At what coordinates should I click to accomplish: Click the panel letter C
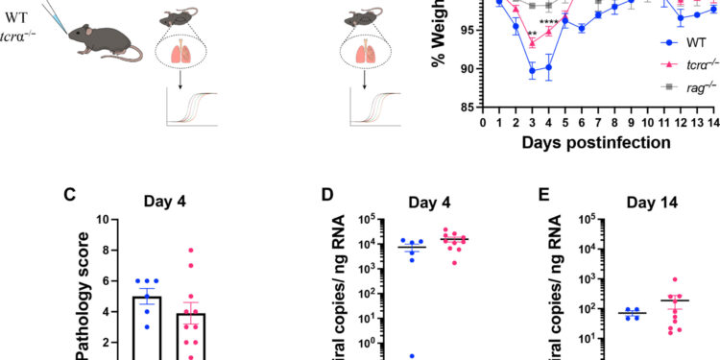point(69,194)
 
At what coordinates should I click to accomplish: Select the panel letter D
point(328,194)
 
